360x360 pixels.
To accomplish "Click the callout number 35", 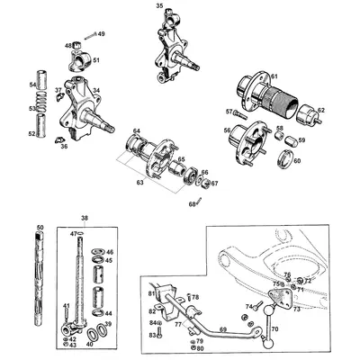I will click(x=159, y=5).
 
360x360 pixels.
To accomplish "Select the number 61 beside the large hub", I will click(x=274, y=76).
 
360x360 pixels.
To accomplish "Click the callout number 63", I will click(x=138, y=182).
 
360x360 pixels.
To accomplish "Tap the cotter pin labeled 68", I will click(x=196, y=202).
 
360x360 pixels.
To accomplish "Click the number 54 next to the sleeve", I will click(x=31, y=85).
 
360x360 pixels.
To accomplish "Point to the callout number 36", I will click(x=63, y=147).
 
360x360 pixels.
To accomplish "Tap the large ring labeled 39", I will click(x=101, y=326).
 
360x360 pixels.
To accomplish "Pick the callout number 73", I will click(x=295, y=307).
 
